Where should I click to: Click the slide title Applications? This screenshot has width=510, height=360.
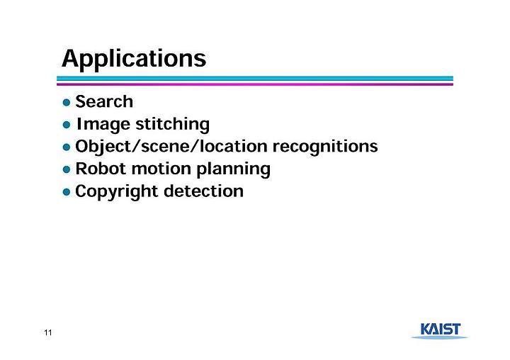(x=134, y=59)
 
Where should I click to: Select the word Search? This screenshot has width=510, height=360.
(x=104, y=101)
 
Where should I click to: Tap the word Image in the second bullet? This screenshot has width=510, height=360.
(x=103, y=125)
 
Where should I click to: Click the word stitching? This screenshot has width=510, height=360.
(x=172, y=125)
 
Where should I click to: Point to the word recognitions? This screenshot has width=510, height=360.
(x=325, y=147)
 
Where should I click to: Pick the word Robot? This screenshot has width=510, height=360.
(x=101, y=169)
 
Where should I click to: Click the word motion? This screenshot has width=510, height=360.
(x=161, y=169)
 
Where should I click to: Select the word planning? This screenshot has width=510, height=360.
(x=233, y=169)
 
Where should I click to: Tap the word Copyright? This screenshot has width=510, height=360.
(x=116, y=191)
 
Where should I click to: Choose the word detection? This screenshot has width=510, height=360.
(x=203, y=191)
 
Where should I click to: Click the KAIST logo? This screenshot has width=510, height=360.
(x=440, y=331)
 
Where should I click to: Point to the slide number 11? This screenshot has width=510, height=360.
(x=48, y=332)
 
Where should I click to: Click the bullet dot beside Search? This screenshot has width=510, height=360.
(x=67, y=103)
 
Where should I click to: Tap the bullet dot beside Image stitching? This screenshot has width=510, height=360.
(x=67, y=125)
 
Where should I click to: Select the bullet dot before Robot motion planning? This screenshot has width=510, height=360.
(x=67, y=169)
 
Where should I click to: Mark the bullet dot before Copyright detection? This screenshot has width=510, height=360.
(x=67, y=192)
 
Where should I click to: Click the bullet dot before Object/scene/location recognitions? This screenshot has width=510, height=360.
(x=67, y=147)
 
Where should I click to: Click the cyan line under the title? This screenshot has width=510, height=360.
(x=255, y=79)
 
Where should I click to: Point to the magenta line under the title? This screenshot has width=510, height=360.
(x=255, y=84)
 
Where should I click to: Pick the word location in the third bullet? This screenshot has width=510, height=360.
(x=233, y=146)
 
